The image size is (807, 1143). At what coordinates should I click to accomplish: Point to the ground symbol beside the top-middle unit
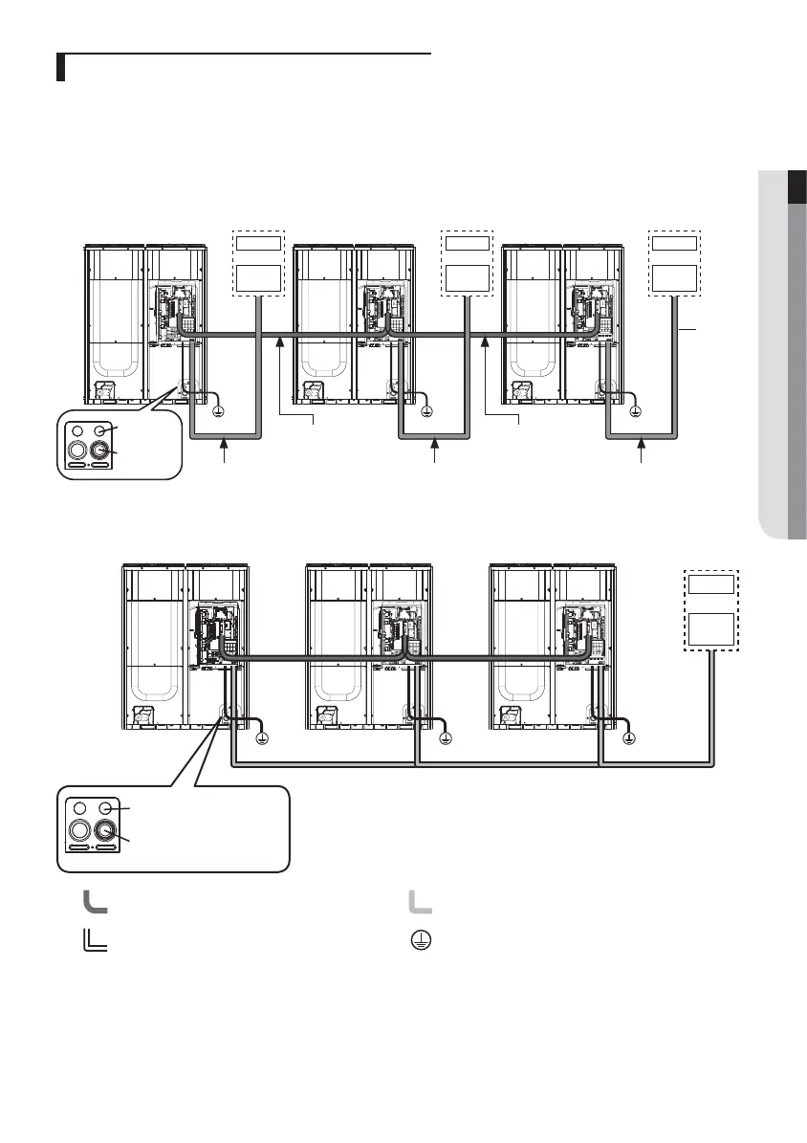427,411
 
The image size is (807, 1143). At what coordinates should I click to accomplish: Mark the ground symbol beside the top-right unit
637,411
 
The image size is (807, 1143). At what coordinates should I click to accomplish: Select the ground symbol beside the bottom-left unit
264,738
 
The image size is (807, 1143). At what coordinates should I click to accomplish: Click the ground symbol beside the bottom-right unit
629,738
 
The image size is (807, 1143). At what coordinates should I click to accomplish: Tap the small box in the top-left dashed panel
259,243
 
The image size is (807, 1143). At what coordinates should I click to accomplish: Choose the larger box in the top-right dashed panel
675,278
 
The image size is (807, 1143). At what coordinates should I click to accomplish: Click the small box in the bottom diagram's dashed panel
712,584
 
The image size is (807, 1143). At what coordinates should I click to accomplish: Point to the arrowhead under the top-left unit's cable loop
226,442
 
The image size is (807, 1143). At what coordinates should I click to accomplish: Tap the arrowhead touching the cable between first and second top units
280,341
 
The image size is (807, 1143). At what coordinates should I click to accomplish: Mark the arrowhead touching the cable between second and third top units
486,341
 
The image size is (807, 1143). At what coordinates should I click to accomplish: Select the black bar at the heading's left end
59,69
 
